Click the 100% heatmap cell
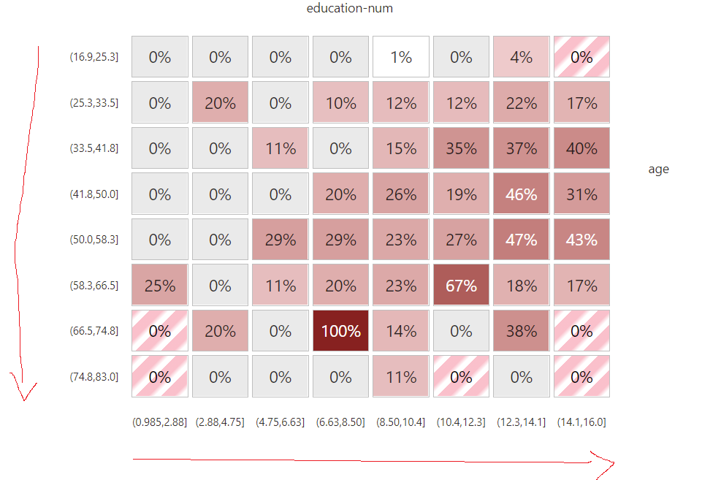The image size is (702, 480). pos(340,331)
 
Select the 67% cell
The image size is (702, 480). pos(461,285)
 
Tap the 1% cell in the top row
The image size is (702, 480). pos(401,57)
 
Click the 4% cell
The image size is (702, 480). pos(522,57)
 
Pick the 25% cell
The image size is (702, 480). pos(160,285)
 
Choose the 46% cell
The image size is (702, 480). pos(522,194)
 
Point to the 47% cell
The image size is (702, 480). pos(522,240)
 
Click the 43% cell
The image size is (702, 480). pos(581,240)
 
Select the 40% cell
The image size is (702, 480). pos(581,148)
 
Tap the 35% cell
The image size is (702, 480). pos(461,148)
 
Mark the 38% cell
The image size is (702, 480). pos(522,331)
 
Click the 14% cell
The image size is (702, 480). pos(401,331)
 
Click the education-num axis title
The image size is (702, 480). pos(350,9)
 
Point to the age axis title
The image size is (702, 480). pos(658,169)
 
